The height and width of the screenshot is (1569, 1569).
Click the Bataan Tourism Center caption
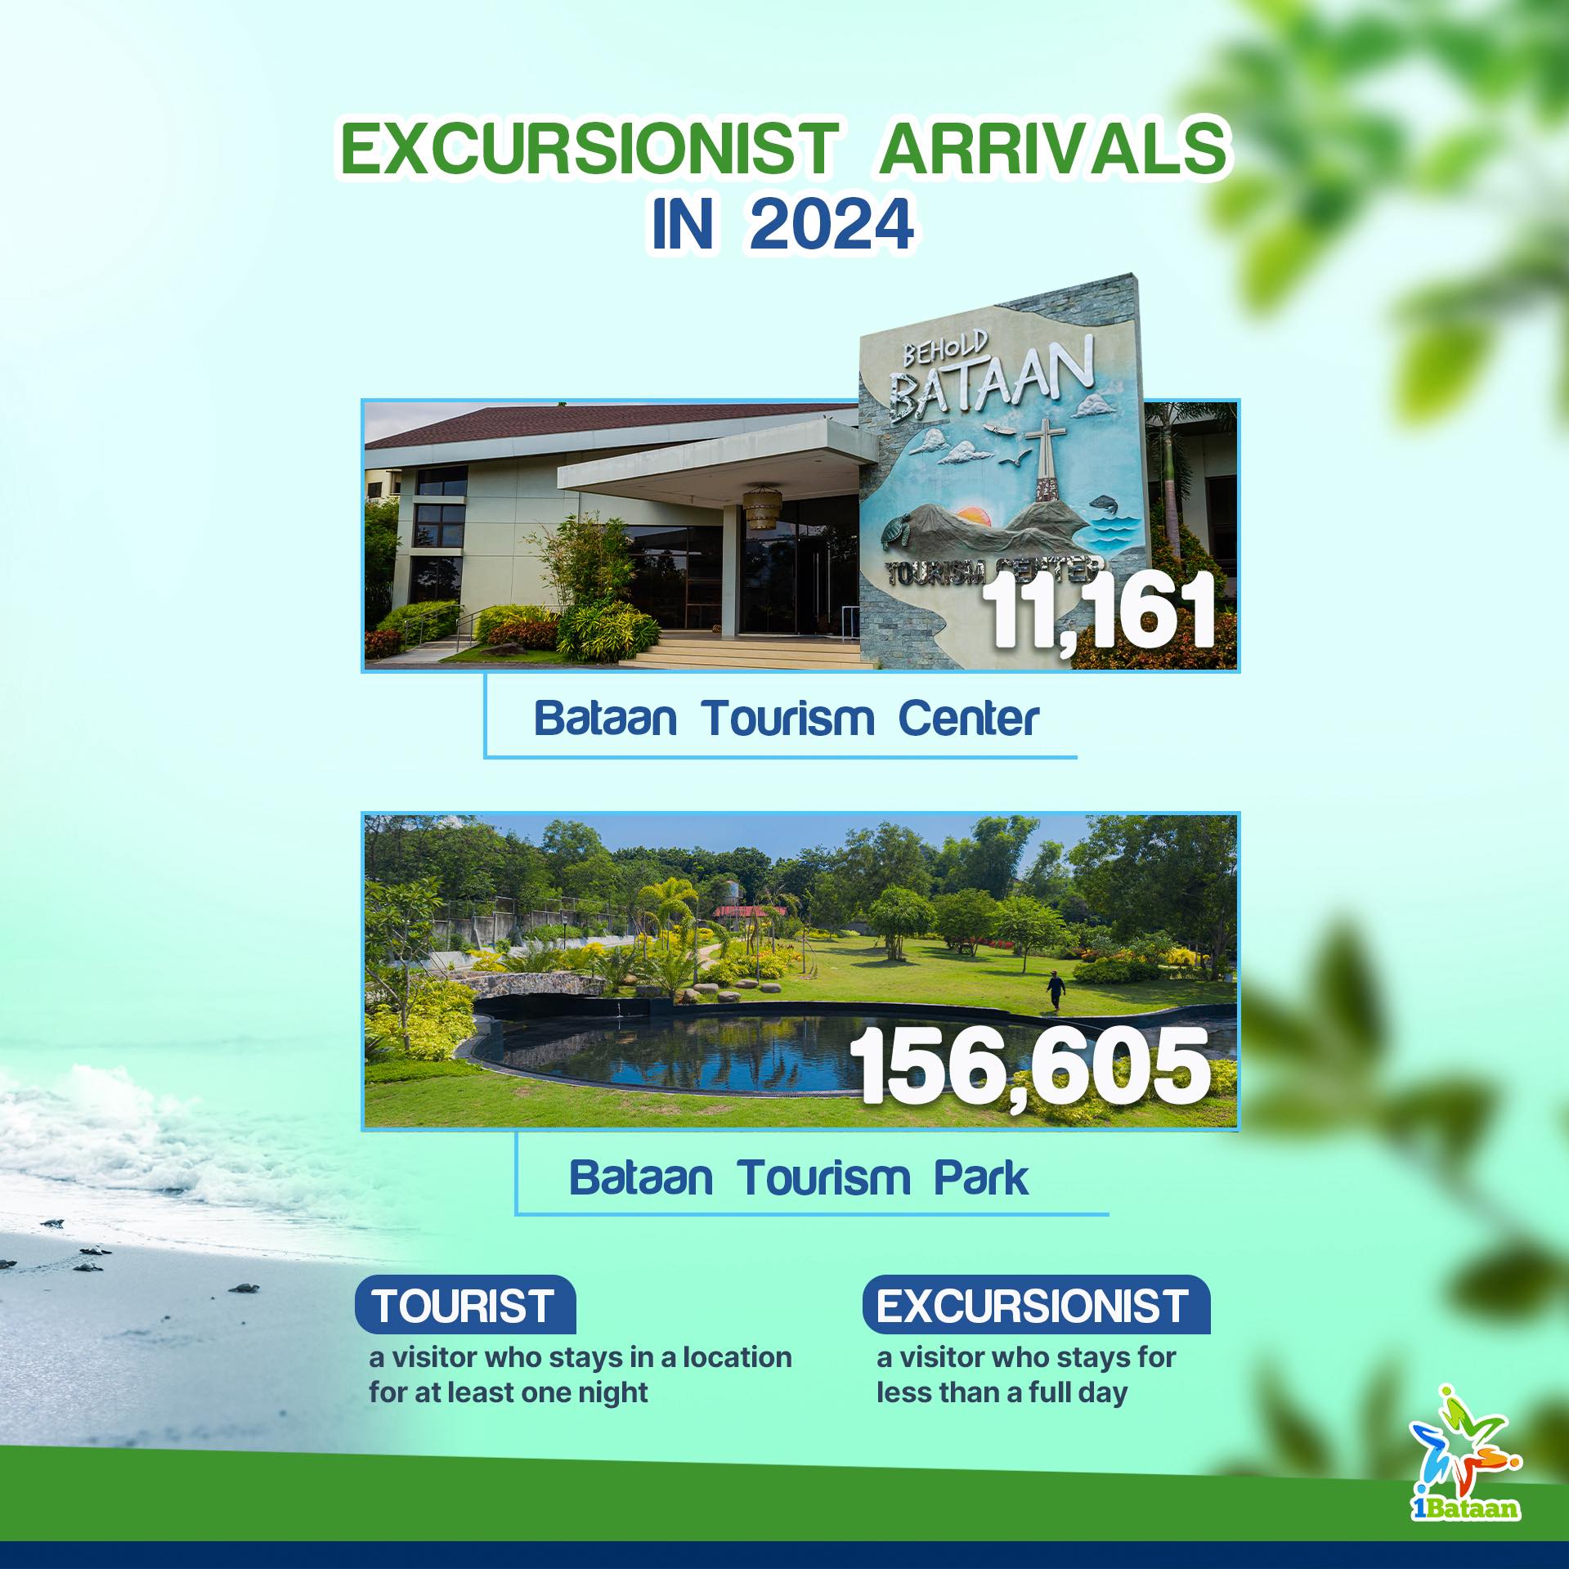point(786,719)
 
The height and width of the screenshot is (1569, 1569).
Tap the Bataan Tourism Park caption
point(799,1178)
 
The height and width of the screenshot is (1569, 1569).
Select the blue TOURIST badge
point(464,1305)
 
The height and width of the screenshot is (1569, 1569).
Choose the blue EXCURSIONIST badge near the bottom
point(1034,1305)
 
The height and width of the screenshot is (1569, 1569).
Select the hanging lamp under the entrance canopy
point(763,496)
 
